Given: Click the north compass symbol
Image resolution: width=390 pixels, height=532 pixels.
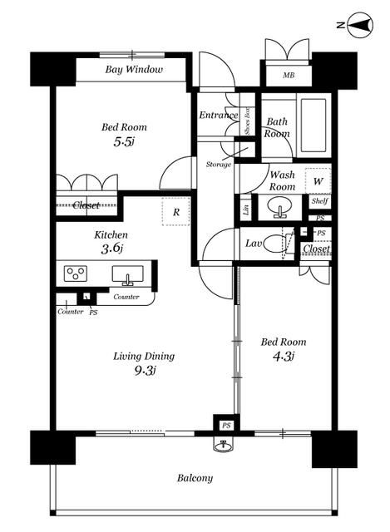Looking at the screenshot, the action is coord(360,25).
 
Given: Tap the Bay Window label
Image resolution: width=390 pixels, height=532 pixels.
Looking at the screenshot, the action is coord(134,69).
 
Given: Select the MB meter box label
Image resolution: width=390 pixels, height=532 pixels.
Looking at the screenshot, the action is coord(289,76).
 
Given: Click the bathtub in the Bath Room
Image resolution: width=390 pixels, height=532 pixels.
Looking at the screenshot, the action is coord(313,126).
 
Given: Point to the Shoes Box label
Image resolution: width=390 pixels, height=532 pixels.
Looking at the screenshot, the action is coord(247,121).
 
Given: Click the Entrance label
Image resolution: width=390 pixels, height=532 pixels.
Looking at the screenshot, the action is coord(218,115).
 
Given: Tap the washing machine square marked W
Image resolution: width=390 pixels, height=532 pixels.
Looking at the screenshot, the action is coord(318,181).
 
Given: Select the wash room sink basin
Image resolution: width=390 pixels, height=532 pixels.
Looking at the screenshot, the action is coord(279,207).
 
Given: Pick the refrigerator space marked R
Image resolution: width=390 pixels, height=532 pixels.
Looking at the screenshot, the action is coord(175,212).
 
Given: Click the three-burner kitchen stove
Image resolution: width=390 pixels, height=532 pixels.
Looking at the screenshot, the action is coord(76,273).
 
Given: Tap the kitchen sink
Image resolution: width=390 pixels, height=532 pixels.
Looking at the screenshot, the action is coord(127,275).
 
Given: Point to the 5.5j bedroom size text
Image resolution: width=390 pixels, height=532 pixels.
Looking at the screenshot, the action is coord(124,141).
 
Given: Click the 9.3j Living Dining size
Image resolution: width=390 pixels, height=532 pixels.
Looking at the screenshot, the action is coord(145,371).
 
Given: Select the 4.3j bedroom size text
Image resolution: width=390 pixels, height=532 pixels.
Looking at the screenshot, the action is coord(283,357).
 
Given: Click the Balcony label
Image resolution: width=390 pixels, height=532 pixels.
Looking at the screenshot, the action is coord(195,479).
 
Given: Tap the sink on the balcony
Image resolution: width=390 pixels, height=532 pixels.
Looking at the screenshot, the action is coord(224,446).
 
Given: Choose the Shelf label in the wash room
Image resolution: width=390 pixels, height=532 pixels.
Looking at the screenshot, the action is coord(320,201).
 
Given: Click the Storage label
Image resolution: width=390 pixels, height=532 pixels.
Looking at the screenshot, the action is coord(219,165).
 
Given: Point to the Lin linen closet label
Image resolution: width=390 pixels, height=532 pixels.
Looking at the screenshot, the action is coord(246,209).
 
